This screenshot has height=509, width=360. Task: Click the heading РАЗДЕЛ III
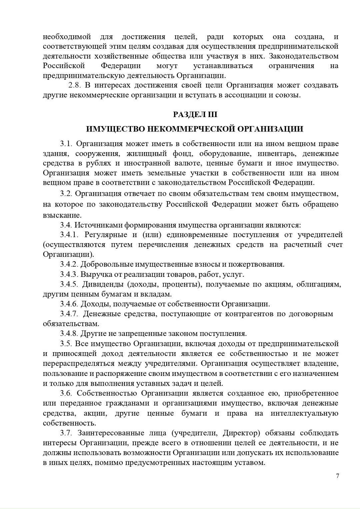(x=195, y=115)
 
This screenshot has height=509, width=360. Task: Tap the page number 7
(x=337, y=476)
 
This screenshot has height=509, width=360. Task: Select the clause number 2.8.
(x=75, y=85)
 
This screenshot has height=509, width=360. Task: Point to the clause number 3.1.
(x=66, y=144)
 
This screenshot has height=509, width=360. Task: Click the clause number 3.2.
(x=66, y=194)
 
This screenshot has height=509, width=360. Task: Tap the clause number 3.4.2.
(x=69, y=265)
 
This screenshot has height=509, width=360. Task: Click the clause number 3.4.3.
(x=69, y=275)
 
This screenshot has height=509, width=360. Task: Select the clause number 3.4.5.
(x=69, y=284)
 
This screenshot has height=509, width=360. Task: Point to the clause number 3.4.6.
(x=69, y=304)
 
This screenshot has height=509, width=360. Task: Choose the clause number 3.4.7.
(x=69, y=314)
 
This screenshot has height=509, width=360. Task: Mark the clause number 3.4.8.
(x=69, y=334)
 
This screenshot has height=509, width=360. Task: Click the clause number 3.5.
(x=66, y=344)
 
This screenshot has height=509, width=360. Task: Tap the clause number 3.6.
(x=66, y=393)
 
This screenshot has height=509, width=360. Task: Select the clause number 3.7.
(x=66, y=433)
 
